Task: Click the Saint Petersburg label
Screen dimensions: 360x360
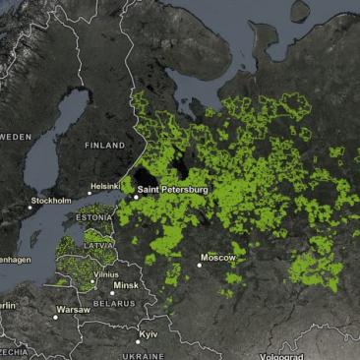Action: (172, 188)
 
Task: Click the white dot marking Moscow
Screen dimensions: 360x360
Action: (200, 265)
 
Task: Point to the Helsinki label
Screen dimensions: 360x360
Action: (104, 185)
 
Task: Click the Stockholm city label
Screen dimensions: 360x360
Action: (51, 201)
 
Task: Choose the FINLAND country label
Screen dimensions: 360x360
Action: (104, 145)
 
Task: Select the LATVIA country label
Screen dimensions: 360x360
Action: (96, 244)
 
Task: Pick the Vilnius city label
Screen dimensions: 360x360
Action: (107, 274)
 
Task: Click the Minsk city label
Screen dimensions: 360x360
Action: (126, 285)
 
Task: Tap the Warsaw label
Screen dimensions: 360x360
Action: (73, 309)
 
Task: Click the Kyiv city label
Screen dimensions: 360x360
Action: (149, 334)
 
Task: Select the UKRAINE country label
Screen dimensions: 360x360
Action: (144, 356)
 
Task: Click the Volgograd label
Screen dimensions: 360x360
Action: (281, 356)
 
